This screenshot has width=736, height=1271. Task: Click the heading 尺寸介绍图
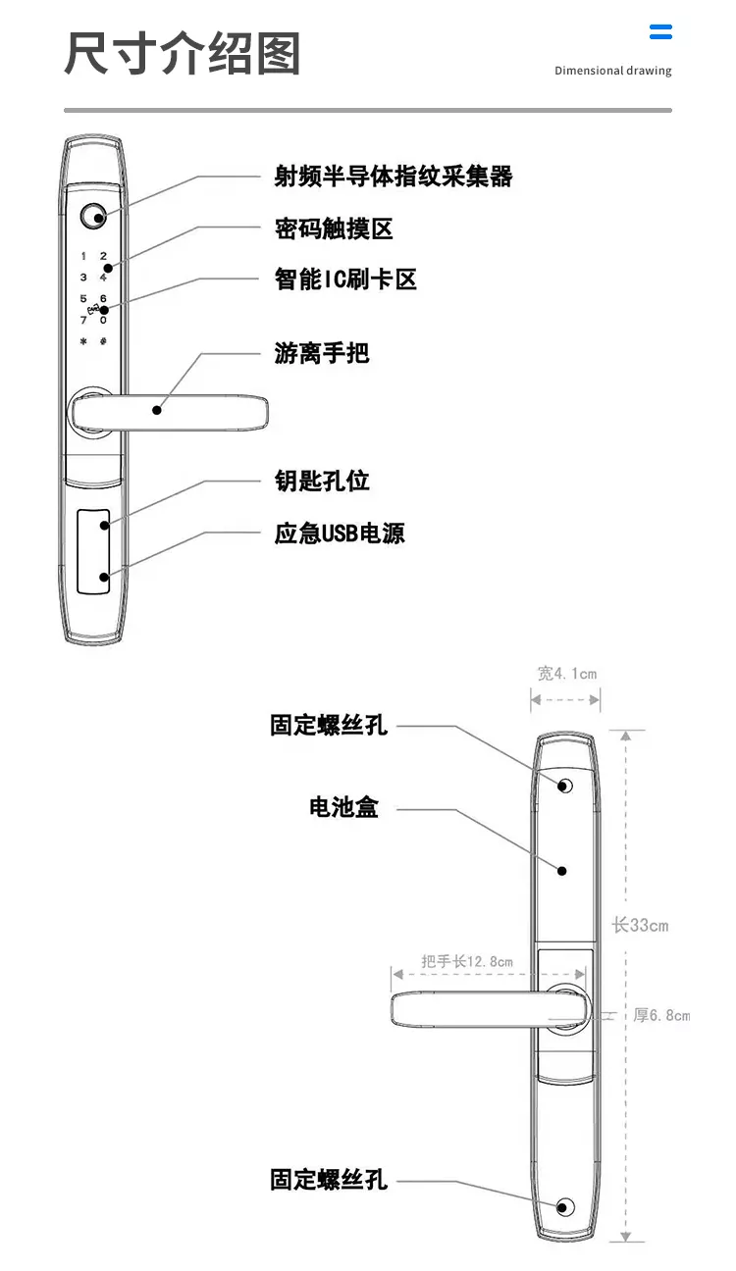(183, 53)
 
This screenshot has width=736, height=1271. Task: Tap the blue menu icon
(660, 31)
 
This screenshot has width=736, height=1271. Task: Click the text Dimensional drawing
(612, 71)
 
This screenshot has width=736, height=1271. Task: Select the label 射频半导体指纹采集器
(393, 177)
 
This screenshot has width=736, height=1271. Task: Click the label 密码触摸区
(334, 229)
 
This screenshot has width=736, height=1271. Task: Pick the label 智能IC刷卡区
(345, 279)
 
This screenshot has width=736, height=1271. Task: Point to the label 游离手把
(322, 353)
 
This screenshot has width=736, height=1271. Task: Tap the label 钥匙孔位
(322, 481)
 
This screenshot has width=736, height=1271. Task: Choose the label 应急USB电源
(340, 534)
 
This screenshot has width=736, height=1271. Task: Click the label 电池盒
(343, 809)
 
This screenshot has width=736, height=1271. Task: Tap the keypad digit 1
(83, 256)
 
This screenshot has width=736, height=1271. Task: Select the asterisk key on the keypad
(83, 342)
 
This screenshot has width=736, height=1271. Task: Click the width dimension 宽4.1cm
(566, 674)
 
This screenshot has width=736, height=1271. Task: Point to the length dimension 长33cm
(640, 925)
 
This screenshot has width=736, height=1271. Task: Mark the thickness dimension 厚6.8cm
(660, 1015)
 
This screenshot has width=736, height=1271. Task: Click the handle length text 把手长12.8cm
(466, 961)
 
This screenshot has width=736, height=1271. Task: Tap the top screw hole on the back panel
(565, 786)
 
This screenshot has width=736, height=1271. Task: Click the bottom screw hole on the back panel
(565, 1206)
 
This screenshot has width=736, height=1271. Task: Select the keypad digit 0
(103, 320)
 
